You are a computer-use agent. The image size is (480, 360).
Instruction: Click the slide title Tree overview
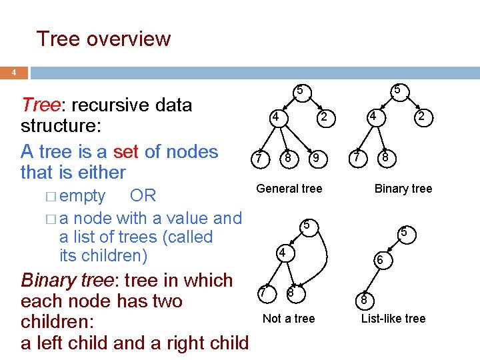tap(103, 39)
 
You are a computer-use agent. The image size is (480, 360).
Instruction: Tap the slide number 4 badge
tap(15, 73)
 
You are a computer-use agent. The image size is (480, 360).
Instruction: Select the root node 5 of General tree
tap(300, 89)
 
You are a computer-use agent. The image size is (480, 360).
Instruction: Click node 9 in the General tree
tap(319, 158)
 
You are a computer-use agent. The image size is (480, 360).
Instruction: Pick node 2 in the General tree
tap(324, 117)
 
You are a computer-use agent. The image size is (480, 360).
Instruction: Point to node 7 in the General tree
tap(257, 159)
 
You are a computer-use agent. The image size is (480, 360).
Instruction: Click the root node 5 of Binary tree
tap(397, 89)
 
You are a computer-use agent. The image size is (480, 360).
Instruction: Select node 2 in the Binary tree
tap(421, 117)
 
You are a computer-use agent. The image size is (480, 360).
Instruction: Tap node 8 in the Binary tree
tap(385, 159)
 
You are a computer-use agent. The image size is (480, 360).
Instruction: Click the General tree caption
tap(289, 189)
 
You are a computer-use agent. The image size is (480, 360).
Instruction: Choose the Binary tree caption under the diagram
tap(403, 189)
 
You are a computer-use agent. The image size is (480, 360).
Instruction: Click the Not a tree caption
tap(289, 318)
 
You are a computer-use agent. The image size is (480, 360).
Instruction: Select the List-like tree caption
tap(393, 318)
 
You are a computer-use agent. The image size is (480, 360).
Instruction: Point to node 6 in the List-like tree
tap(379, 261)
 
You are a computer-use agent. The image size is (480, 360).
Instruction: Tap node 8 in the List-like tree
tap(364, 300)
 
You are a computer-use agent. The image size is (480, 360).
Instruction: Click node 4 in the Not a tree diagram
tap(283, 253)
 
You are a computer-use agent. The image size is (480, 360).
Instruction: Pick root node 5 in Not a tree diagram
tap(306, 225)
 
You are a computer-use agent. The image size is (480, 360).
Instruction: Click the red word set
tap(127, 151)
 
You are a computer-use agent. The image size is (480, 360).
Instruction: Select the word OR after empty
tap(143, 195)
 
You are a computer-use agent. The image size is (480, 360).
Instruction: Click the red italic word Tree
tap(41, 105)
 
